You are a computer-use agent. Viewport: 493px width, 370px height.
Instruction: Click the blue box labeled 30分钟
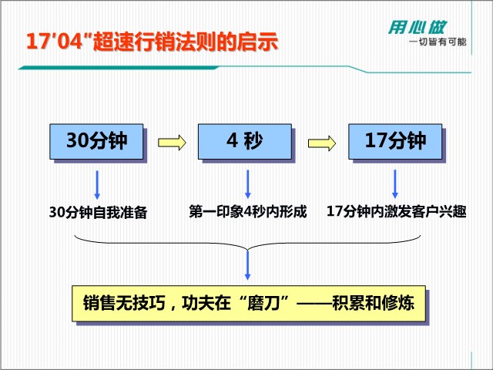point(96,141)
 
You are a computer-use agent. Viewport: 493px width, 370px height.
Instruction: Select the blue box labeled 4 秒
point(245,141)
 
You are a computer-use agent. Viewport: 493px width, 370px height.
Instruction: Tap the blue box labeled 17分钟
point(395,141)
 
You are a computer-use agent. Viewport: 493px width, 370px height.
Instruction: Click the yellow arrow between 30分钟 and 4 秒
point(172,143)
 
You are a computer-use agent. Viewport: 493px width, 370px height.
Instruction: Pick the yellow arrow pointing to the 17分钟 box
point(322,143)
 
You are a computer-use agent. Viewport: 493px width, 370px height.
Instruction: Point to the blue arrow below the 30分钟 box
point(97,185)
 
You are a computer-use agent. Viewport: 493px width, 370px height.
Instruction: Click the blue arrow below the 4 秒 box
point(248,184)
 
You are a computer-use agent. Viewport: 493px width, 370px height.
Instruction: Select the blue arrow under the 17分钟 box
point(395,184)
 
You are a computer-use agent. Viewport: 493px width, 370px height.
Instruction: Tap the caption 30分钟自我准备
point(99,213)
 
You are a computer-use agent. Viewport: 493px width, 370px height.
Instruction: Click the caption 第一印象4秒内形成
point(248,211)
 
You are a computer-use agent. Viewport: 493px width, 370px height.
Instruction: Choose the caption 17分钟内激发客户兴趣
point(397,211)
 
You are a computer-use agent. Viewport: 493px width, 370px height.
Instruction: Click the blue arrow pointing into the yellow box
point(248,265)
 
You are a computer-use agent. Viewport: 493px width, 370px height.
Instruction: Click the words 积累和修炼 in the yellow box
point(373,303)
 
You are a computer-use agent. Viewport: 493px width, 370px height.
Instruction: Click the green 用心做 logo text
point(418,28)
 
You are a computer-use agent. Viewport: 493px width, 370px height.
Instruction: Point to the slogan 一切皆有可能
point(438,42)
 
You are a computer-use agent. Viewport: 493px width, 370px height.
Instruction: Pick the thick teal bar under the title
point(119,68)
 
